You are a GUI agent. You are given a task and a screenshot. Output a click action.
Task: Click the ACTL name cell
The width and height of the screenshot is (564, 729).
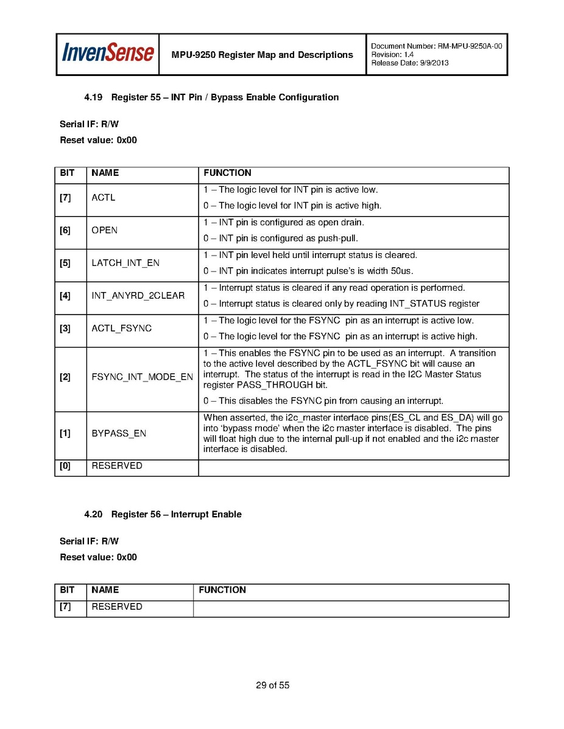104,198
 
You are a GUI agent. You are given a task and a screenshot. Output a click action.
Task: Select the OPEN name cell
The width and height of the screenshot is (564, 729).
105,231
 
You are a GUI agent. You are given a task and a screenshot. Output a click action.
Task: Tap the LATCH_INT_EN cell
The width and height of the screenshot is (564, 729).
125,263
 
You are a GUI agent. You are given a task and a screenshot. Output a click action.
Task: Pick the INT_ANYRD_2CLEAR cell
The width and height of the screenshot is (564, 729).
138,296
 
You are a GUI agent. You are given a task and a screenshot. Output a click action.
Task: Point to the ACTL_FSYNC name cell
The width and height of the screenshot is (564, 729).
122,329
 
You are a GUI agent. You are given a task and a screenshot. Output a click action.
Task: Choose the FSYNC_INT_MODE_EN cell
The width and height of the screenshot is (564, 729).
142,377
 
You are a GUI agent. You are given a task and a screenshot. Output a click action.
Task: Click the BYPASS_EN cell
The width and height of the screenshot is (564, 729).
119,434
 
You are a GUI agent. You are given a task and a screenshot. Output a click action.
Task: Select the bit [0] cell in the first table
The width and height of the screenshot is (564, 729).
65,466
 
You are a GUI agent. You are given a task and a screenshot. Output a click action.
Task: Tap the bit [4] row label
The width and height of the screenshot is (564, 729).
65,296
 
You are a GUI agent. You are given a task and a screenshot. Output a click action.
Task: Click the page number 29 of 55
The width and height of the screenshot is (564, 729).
272,686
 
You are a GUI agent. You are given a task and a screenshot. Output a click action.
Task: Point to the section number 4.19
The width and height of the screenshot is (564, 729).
93,97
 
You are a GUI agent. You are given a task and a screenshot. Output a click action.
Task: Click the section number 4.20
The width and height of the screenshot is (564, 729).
93,515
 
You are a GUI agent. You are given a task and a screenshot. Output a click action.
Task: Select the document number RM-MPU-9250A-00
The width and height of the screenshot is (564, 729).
470,46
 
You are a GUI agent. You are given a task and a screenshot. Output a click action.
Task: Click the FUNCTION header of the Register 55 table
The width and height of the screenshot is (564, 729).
227,173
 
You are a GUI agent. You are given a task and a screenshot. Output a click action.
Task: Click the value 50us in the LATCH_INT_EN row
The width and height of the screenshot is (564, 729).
402,271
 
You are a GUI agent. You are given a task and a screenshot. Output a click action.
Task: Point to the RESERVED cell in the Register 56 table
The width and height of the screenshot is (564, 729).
117,607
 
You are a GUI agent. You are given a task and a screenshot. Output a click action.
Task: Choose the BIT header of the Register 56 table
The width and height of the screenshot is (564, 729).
67,590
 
